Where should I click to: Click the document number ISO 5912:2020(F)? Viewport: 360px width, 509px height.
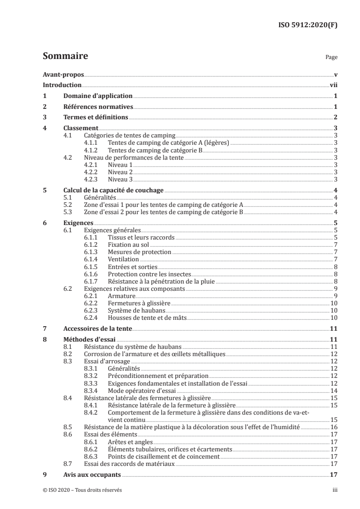pyautogui.click(x=308, y=25)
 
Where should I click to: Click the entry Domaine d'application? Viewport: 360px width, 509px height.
pyautogui.click(x=98, y=96)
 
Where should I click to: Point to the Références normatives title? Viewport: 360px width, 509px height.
pyautogui.click(x=98, y=107)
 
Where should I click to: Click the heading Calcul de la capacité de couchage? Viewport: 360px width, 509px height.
pyautogui.click(x=113, y=191)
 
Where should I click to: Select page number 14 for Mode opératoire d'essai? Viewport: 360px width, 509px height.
pyautogui.click(x=333, y=391)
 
